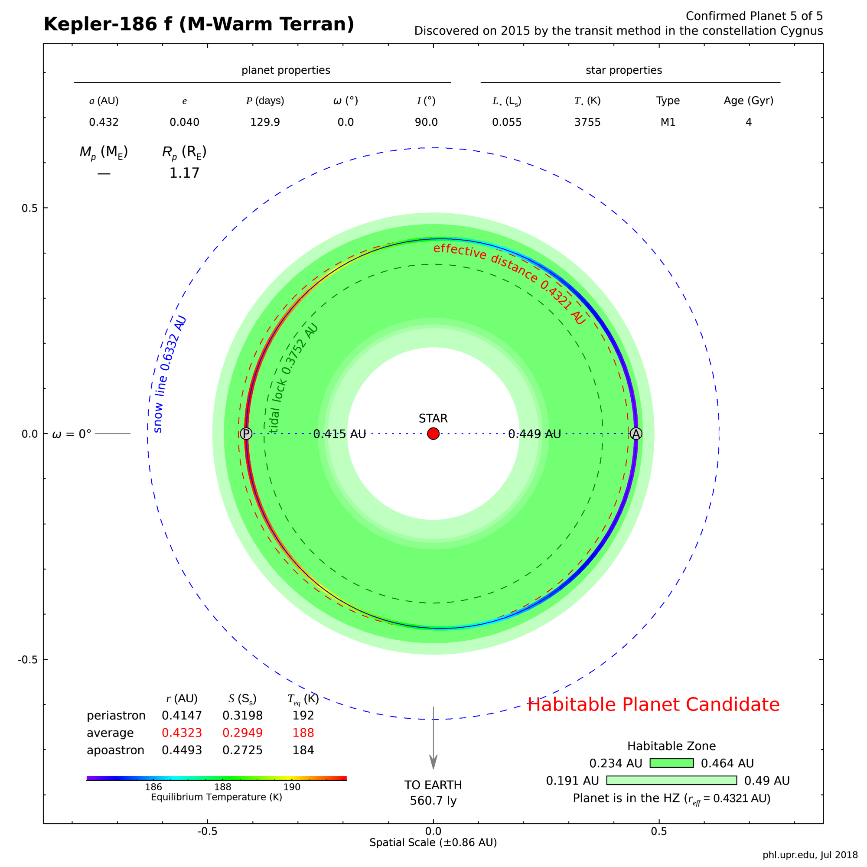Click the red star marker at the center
click(433, 433)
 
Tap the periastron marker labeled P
click(246, 433)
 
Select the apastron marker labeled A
click(636, 433)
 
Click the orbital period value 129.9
click(265, 122)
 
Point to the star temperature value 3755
click(587, 122)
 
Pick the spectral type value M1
click(668, 122)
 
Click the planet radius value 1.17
click(184, 173)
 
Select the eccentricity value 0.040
click(184, 122)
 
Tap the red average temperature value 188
click(303, 733)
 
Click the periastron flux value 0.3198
click(242, 715)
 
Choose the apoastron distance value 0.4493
click(182, 750)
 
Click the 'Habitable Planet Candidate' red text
click(653, 704)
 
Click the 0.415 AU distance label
click(339, 434)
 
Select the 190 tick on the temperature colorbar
click(292, 787)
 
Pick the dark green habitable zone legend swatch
click(671, 763)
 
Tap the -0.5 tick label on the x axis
click(207, 831)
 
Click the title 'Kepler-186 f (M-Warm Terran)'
click(199, 24)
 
